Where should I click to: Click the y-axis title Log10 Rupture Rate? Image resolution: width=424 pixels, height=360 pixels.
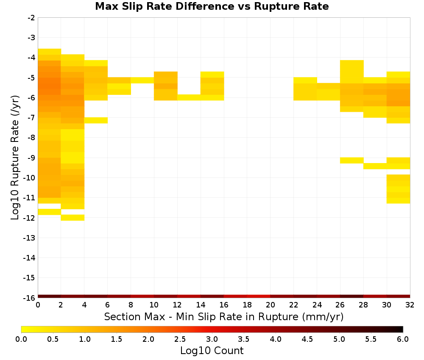(x=15, y=158)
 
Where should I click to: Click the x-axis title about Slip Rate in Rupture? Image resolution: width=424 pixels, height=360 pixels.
(x=223, y=316)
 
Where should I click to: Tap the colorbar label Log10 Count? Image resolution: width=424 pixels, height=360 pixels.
(x=212, y=351)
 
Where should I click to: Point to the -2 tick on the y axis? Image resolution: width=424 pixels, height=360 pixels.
(x=31, y=18)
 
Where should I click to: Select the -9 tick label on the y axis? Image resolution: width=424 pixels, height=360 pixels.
(x=31, y=158)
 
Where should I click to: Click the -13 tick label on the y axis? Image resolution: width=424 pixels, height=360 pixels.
(x=29, y=238)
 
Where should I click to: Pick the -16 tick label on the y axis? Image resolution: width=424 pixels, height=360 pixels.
(x=29, y=298)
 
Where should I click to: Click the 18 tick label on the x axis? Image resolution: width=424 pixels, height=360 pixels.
(x=247, y=305)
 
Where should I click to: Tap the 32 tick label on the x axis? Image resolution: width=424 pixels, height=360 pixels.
(x=410, y=305)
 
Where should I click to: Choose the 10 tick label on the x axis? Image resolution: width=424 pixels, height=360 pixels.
(x=154, y=305)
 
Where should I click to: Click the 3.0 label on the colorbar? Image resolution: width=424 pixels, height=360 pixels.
(x=212, y=339)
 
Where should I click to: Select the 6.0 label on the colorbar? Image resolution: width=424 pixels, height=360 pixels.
(x=403, y=339)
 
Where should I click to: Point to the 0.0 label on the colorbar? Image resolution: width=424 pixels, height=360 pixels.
(x=21, y=339)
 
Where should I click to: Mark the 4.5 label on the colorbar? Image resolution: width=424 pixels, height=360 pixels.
(x=307, y=339)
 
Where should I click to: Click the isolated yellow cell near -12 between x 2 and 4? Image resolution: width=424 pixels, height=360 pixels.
(x=73, y=217)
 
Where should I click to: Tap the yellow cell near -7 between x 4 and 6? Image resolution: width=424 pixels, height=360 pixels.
(x=96, y=120)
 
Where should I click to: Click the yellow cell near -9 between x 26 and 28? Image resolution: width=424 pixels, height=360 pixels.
(x=352, y=160)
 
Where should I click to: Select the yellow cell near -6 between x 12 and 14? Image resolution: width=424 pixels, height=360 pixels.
(x=189, y=97)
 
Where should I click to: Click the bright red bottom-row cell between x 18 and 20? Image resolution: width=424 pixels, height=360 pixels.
(x=259, y=296)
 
